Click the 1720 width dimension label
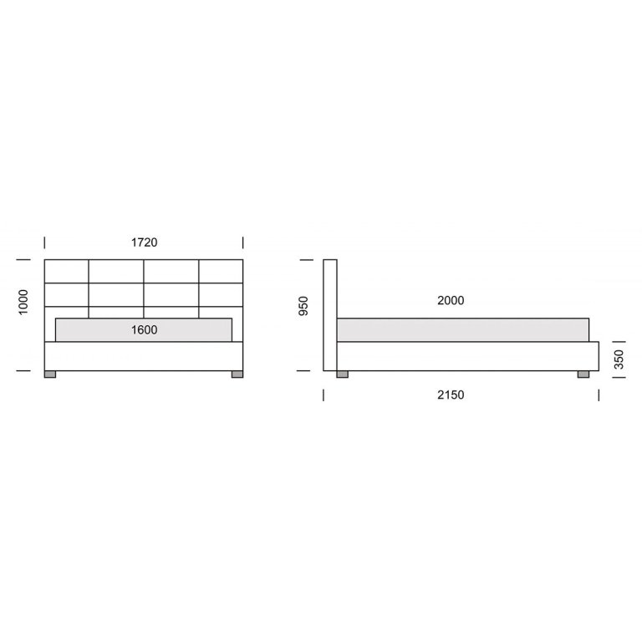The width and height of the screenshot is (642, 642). [x=144, y=242]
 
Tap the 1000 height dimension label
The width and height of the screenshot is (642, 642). [x=23, y=302]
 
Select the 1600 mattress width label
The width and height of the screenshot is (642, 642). [x=144, y=330]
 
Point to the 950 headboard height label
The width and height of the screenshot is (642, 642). [x=303, y=306]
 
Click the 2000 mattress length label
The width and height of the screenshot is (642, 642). [x=451, y=301]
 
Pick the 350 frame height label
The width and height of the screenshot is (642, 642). [x=619, y=359]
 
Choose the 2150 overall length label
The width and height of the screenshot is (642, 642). [x=451, y=395]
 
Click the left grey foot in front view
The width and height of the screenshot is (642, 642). [x=50, y=374]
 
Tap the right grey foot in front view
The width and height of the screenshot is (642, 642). [x=237, y=374]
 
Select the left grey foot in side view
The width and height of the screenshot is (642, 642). [x=342, y=374]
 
